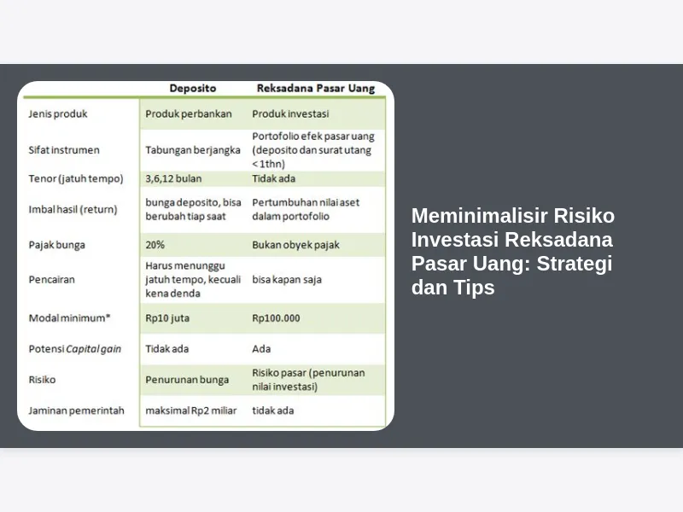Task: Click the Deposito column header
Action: click(193, 89)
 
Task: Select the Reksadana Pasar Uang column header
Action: click(316, 89)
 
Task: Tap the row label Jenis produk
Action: click(58, 114)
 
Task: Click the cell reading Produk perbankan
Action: click(189, 114)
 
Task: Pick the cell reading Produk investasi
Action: click(290, 114)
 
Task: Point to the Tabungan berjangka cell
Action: click(193, 150)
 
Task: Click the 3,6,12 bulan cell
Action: click(173, 178)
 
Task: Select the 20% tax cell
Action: click(155, 245)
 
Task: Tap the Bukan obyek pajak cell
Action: click(295, 245)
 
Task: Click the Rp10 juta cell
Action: click(167, 318)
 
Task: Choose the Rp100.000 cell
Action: click(276, 318)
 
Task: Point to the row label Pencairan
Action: click(52, 280)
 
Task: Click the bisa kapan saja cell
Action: click(287, 280)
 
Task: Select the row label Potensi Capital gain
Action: click(75, 349)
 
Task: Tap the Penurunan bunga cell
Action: click(187, 380)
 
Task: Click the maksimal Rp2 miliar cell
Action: click(191, 410)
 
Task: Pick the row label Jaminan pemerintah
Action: click(76, 410)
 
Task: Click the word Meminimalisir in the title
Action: click(479, 216)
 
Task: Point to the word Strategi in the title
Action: click(574, 264)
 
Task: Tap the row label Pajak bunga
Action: click(56, 245)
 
